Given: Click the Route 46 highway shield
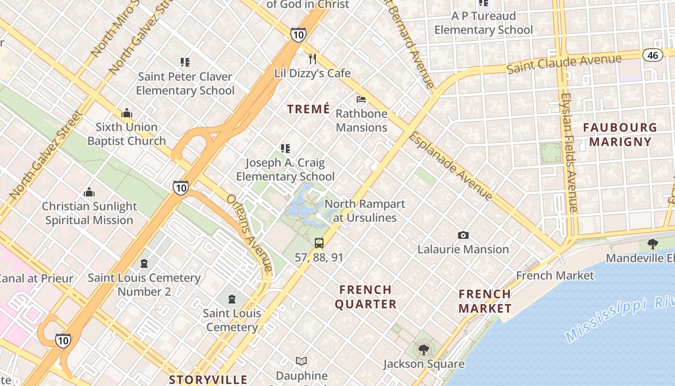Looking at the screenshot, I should click(x=652, y=55).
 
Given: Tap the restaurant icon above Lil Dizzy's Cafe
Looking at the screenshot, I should click(x=312, y=59).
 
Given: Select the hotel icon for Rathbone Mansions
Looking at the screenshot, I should click(x=361, y=99).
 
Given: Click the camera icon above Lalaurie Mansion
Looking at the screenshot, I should click(x=463, y=235).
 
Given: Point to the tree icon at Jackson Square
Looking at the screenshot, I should click(x=423, y=349).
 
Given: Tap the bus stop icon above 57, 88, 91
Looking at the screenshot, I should click(x=319, y=243).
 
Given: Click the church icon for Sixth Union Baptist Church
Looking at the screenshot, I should click(x=127, y=113).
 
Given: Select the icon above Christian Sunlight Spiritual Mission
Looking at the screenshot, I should click(x=89, y=193).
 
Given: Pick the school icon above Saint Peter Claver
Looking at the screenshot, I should click(x=185, y=62).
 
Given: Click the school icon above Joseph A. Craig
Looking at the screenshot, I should click(x=285, y=149).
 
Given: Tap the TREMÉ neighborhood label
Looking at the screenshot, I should click(x=309, y=109).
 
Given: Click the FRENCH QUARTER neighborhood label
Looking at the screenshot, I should click(x=365, y=297).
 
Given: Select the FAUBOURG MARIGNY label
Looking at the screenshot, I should click(x=620, y=135).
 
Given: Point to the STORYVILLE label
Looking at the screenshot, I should click(x=208, y=380).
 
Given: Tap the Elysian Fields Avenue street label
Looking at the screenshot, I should click(x=569, y=152).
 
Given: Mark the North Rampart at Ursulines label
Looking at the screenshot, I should click(x=364, y=211).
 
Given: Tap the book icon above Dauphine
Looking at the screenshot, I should click(x=301, y=361).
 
